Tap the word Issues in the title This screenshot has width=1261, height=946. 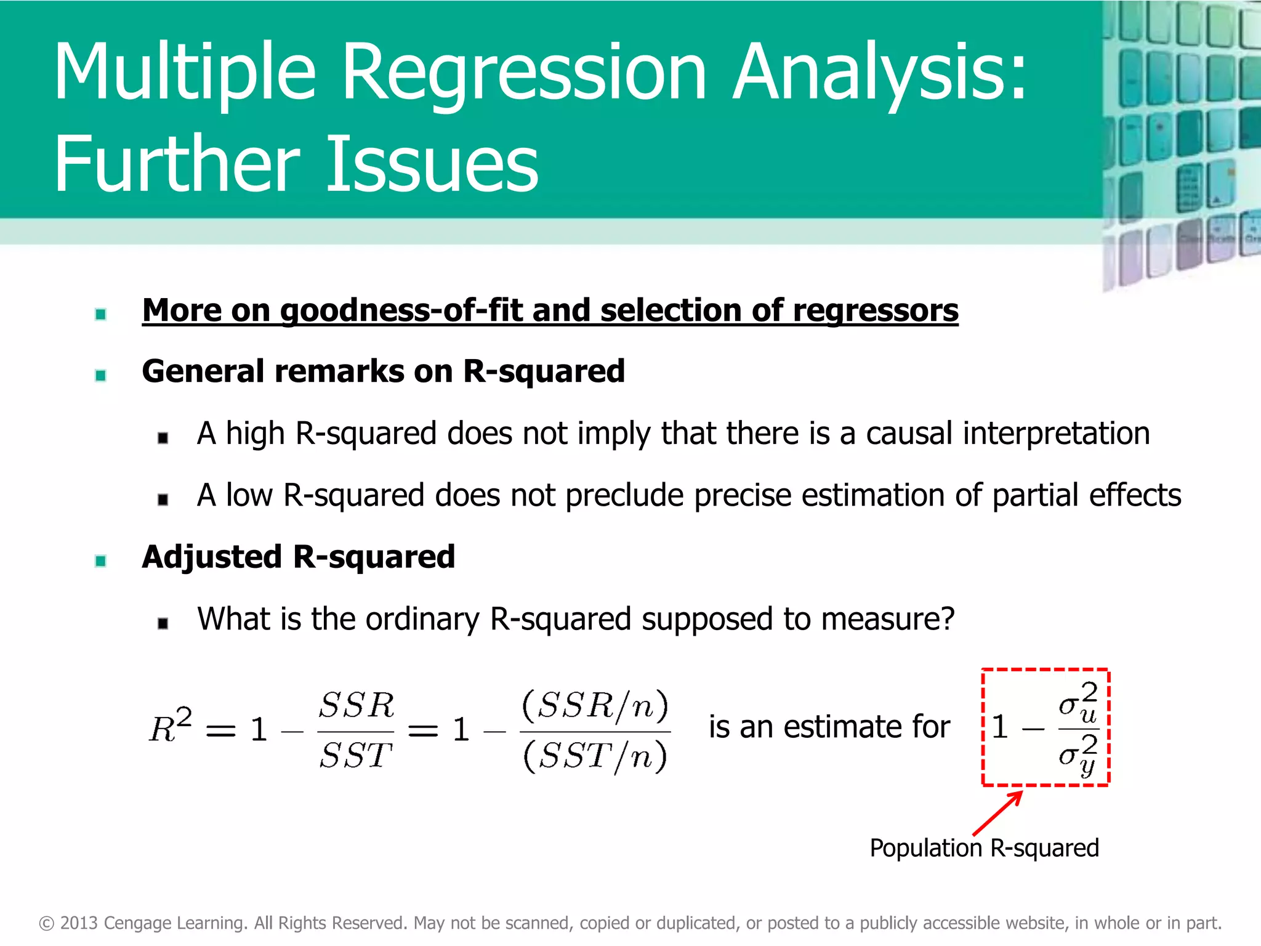pos(431,165)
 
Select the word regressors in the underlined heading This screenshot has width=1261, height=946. pos(875,310)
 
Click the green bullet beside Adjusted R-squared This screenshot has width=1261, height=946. pos(101,560)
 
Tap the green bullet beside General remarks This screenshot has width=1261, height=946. pos(101,375)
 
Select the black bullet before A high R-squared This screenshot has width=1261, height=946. pos(163,438)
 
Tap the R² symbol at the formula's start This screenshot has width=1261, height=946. pos(170,727)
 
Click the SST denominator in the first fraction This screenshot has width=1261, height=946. pos(355,755)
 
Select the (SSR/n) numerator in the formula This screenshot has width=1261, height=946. pos(595,706)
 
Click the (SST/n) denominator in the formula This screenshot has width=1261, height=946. pos(595,756)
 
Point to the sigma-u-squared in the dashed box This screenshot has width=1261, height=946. pos(1078,704)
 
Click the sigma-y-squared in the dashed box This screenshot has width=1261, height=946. pos(1078,755)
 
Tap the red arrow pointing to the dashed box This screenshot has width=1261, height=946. pos(997,814)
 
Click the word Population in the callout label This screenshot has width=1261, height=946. pos(925,848)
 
